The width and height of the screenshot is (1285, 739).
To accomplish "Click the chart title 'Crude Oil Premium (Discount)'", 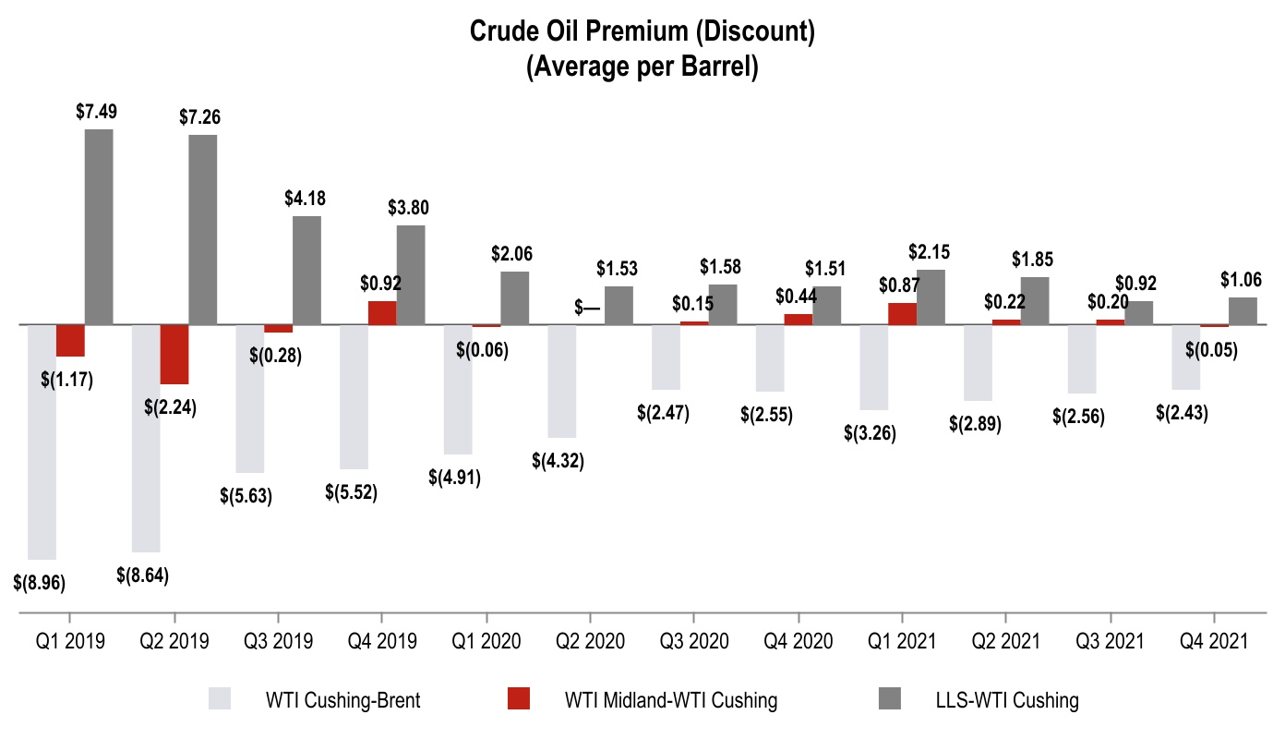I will [x=642, y=32].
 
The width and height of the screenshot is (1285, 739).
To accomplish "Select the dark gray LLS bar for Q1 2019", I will [x=99, y=226].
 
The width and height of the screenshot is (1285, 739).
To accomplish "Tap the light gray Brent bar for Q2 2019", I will [x=146, y=438].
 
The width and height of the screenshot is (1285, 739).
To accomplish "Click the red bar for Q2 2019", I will [x=174, y=354].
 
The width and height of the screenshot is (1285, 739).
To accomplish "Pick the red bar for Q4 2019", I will [x=382, y=312].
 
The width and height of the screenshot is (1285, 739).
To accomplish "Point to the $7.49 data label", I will [x=98, y=112].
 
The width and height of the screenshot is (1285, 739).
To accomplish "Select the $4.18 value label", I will [x=306, y=198].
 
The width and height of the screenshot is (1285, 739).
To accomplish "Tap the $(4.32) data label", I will [x=558, y=461].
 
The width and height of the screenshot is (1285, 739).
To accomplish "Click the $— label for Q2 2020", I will [x=587, y=309].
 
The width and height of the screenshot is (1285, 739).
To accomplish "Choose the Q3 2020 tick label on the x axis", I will [x=693, y=641].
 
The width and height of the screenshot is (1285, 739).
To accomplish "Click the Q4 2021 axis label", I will [x=1213, y=641].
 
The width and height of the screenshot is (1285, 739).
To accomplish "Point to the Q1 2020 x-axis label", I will [x=486, y=641].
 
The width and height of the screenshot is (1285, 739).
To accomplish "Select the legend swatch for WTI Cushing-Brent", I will [x=227, y=700].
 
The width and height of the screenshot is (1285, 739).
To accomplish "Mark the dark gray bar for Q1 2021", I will [x=931, y=297].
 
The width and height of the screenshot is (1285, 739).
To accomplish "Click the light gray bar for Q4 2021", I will [x=1185, y=357].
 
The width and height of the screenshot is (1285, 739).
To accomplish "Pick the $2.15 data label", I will [x=930, y=252].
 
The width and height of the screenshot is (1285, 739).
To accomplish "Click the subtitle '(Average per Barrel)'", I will [x=642, y=68].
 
